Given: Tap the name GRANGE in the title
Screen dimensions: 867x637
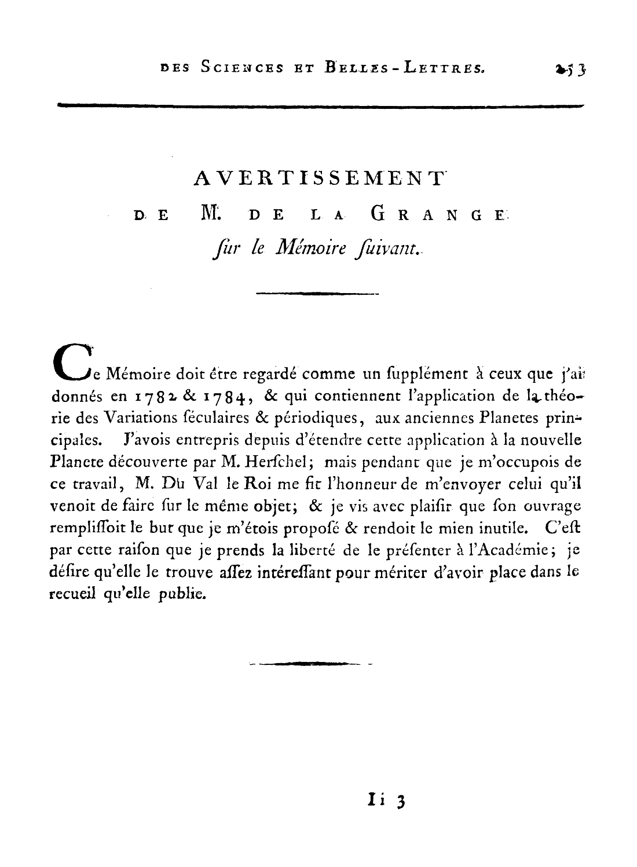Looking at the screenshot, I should point(438,215).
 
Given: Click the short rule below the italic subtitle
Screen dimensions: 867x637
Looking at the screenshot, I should point(316,294).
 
